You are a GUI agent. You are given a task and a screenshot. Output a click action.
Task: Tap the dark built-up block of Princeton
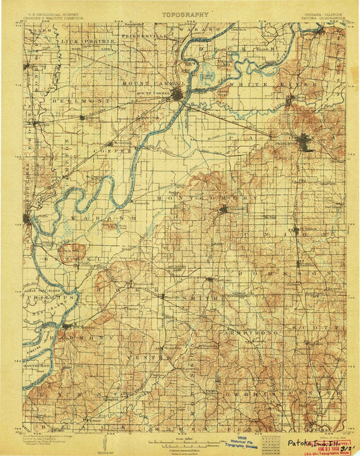305,144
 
